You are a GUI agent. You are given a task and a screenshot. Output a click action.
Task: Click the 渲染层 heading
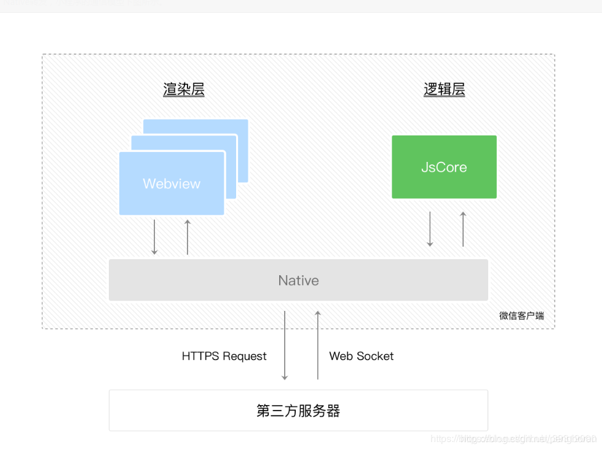coord(184,90)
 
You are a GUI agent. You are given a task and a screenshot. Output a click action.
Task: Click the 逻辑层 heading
coord(444,90)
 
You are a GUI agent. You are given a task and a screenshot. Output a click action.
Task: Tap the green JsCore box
coord(444,185)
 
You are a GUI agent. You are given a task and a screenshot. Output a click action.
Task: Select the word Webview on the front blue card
coord(172,183)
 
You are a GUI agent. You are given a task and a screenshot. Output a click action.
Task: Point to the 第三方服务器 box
coord(298,411)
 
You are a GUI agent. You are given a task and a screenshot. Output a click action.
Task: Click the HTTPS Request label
coord(224,356)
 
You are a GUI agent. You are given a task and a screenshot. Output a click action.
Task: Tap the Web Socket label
coord(361,356)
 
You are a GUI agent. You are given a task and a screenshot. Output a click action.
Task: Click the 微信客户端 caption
coord(521,316)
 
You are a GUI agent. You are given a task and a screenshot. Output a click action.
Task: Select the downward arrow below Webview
coord(154,236)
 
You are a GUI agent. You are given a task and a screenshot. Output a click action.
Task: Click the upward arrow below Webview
coord(188,236)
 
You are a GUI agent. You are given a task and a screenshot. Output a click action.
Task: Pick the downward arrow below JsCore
coord(430,229)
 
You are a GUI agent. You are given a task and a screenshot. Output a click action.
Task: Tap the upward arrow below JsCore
coord(463,229)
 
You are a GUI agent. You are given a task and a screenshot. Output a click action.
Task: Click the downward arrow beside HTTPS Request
coord(285,345)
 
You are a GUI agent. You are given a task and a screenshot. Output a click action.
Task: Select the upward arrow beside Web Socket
coord(318,345)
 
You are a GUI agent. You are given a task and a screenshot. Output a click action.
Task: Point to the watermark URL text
coord(513,439)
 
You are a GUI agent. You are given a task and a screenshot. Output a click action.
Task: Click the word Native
coord(298,281)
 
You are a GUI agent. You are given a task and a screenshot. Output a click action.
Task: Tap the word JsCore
coord(444,167)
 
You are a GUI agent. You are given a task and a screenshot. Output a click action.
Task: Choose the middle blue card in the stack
coord(231,143)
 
